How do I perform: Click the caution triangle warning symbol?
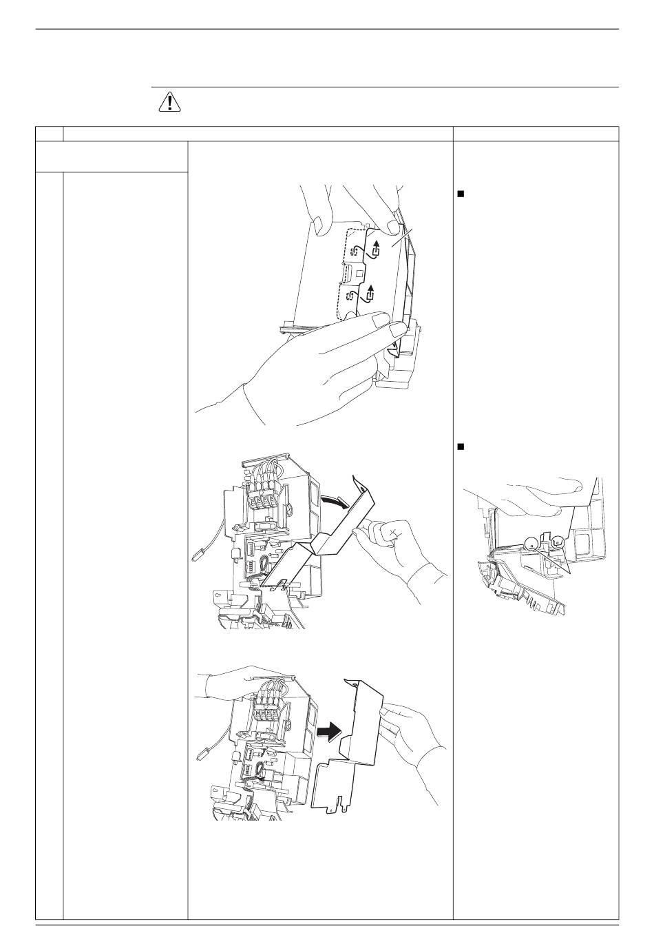168,102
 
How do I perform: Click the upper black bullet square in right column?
461,194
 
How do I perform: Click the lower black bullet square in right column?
461,447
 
